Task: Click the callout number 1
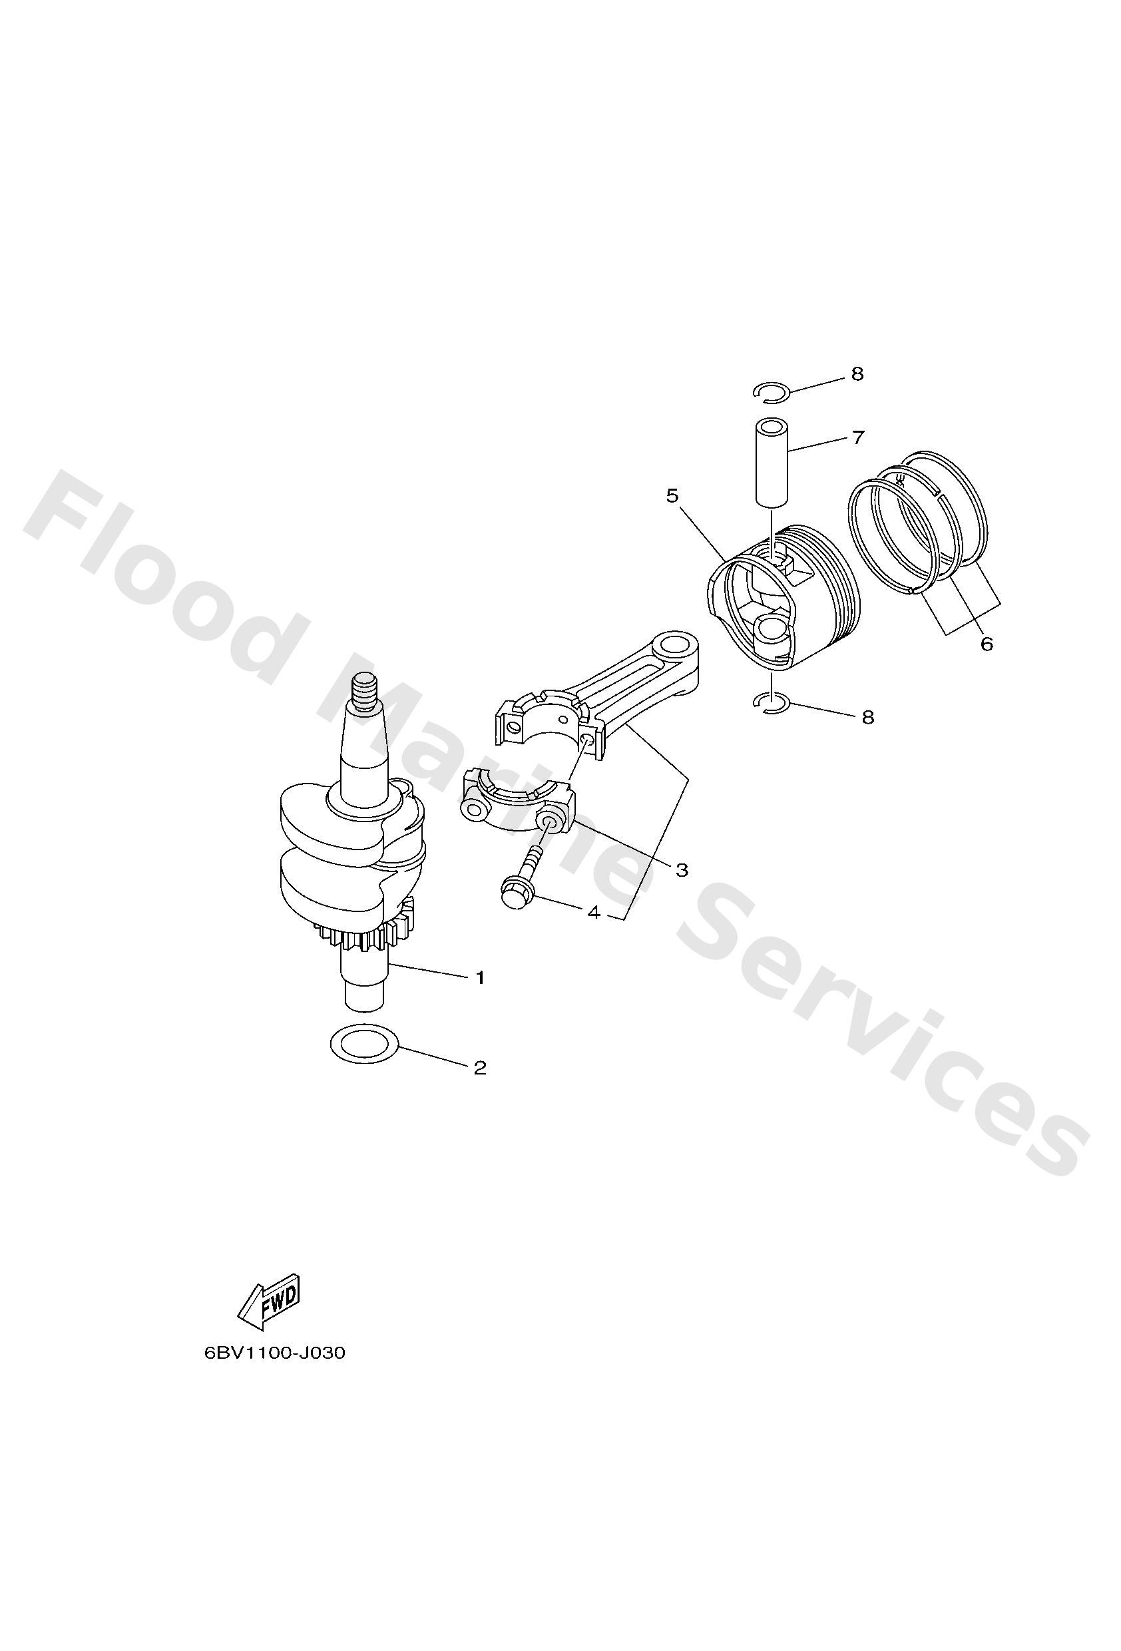pyautogui.click(x=480, y=978)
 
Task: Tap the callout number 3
pyautogui.click(x=682, y=869)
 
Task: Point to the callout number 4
pyautogui.click(x=594, y=913)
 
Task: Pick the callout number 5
pyautogui.click(x=672, y=496)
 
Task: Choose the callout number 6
pyautogui.click(x=986, y=644)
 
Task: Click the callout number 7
pyautogui.click(x=858, y=437)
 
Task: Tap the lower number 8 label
pyautogui.click(x=867, y=718)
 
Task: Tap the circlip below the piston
pyautogui.click(x=771, y=702)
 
